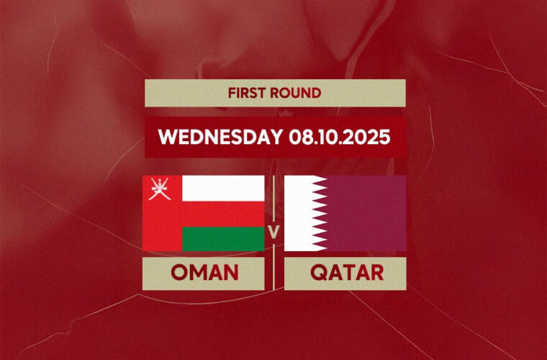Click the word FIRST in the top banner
point(246,93)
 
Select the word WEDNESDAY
point(220,137)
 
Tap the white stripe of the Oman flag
point(223,189)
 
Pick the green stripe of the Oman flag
point(223,238)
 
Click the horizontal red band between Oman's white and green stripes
point(223,214)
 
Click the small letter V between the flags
point(274,231)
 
